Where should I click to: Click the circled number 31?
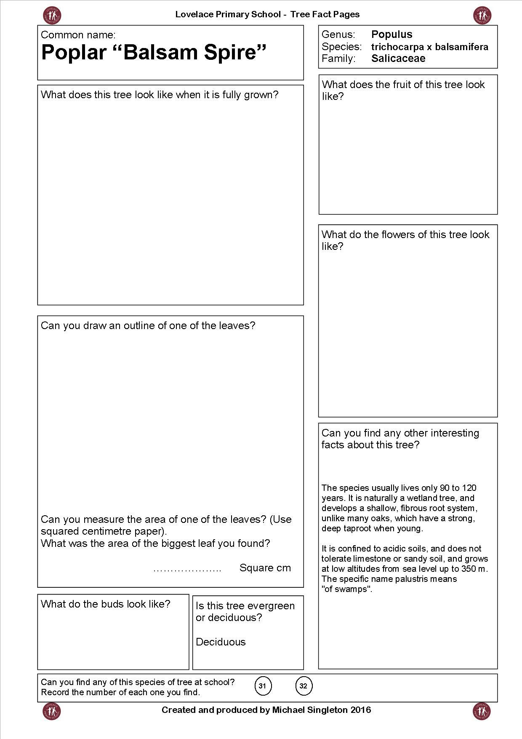coord(262,686)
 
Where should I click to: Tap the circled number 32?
coord(303,686)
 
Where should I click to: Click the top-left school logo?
coord(52,15)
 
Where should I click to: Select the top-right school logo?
coord(482,15)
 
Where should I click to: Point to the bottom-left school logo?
coord(52,711)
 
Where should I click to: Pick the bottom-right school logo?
coord(482,711)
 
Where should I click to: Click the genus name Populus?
coord(391,35)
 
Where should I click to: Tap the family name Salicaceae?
coord(398,59)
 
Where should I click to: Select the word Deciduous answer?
coord(221,642)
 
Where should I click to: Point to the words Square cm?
coord(265,568)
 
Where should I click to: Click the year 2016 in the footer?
coord(361,710)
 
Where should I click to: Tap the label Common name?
coord(78,35)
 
